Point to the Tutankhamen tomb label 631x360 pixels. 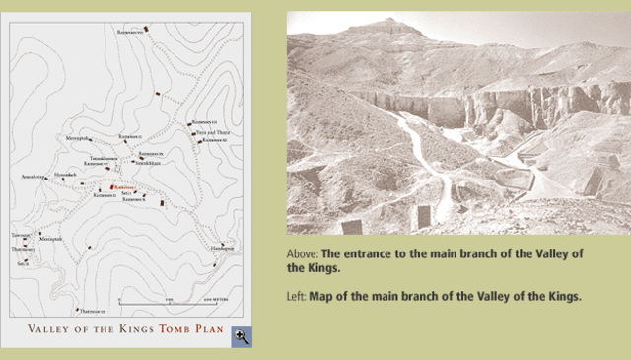(x=105, y=158)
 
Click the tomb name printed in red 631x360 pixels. (x=125, y=185)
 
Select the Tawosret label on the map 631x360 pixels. (x=21, y=235)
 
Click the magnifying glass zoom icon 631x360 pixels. (x=242, y=337)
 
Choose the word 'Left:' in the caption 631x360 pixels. (x=297, y=296)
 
